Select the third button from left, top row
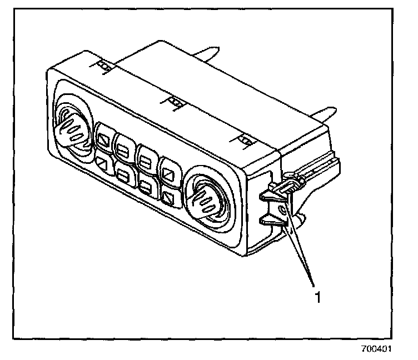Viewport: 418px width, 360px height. tap(146, 158)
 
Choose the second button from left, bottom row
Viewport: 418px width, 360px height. tap(124, 176)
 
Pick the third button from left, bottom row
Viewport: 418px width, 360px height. tap(146, 186)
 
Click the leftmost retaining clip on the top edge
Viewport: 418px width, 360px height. tap(103, 66)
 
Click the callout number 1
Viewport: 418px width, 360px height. tap(318, 297)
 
